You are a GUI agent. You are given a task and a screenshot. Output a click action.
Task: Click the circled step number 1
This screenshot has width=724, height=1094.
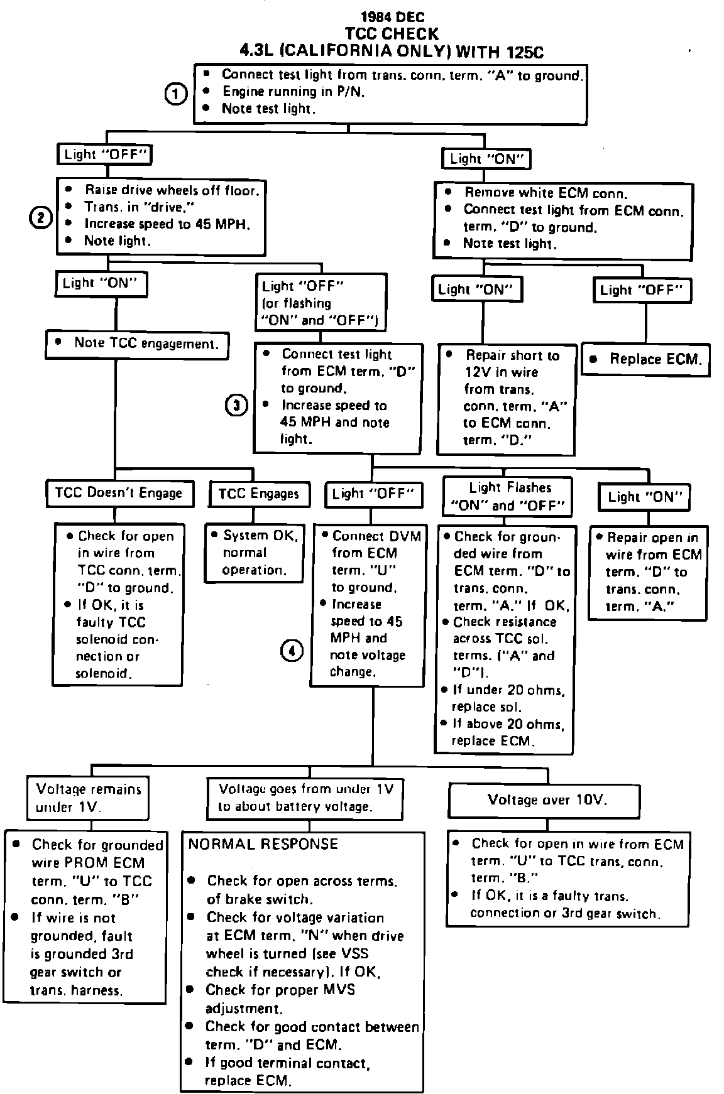[x=176, y=94]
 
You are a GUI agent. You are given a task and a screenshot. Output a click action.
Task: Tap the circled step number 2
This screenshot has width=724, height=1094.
[x=41, y=218]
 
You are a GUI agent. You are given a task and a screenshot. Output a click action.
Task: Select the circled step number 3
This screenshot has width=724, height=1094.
[x=236, y=406]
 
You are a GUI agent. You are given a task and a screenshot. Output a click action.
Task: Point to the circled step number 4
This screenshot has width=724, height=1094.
[x=292, y=652]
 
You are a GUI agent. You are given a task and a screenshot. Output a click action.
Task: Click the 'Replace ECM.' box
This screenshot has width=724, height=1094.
[x=645, y=359]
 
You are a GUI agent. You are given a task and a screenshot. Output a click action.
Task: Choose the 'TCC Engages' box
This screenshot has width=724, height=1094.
[x=259, y=494]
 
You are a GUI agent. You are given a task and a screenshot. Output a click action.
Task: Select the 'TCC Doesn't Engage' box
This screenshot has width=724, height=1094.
[x=119, y=493]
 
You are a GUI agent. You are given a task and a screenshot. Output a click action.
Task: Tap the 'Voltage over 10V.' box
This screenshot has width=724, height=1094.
[x=544, y=800]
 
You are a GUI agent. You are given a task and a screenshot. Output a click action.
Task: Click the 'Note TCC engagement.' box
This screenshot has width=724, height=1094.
[x=138, y=344]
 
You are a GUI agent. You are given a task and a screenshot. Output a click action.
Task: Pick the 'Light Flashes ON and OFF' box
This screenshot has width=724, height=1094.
[x=508, y=496]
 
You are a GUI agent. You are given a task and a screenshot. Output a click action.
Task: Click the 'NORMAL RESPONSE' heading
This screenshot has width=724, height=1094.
[x=263, y=844]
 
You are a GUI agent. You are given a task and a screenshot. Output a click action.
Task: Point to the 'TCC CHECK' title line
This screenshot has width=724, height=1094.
[x=392, y=33]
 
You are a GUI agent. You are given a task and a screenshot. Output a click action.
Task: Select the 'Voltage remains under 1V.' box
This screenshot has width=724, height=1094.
[x=88, y=798]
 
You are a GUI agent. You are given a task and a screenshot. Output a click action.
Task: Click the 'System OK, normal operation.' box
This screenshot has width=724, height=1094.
[x=254, y=553]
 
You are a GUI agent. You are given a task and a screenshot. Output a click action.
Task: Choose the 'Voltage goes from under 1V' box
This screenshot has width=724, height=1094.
[x=305, y=798]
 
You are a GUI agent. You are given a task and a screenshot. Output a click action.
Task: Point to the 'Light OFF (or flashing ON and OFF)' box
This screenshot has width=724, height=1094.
[x=321, y=303]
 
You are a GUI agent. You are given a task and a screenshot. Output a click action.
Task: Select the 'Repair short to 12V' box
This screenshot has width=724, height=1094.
[x=507, y=398]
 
